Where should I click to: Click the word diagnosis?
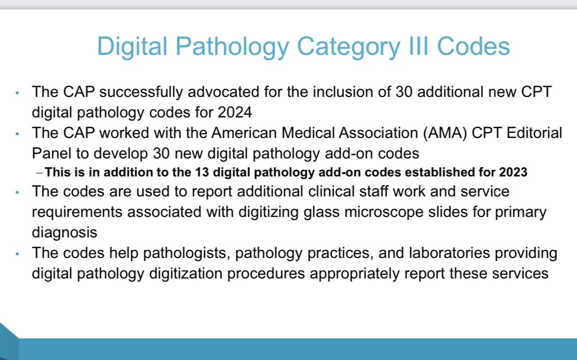click(64, 232)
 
